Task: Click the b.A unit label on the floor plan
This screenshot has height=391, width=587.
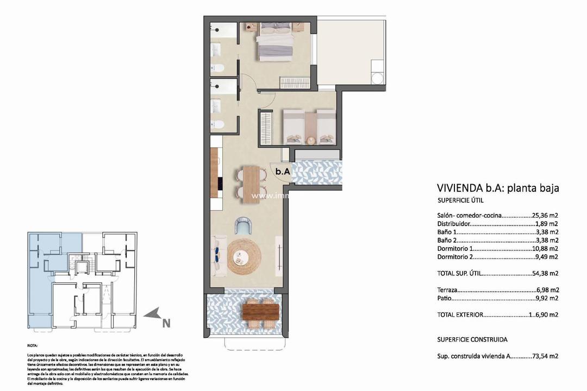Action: [x=283, y=172]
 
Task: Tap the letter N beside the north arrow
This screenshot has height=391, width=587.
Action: [x=166, y=323]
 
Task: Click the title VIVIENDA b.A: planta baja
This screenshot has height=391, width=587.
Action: [x=498, y=188]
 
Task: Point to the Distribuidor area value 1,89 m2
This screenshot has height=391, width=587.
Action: [x=546, y=223]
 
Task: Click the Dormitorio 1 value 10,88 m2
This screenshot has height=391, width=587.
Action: [x=545, y=248]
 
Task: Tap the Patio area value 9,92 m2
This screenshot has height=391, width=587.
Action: [x=547, y=298]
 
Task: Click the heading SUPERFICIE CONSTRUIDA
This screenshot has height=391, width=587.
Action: [x=472, y=339]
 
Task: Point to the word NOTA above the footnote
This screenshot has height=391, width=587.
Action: [x=33, y=345]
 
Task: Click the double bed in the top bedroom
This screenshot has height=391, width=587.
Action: [x=276, y=42]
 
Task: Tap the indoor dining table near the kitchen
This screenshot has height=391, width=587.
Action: [x=251, y=184]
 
